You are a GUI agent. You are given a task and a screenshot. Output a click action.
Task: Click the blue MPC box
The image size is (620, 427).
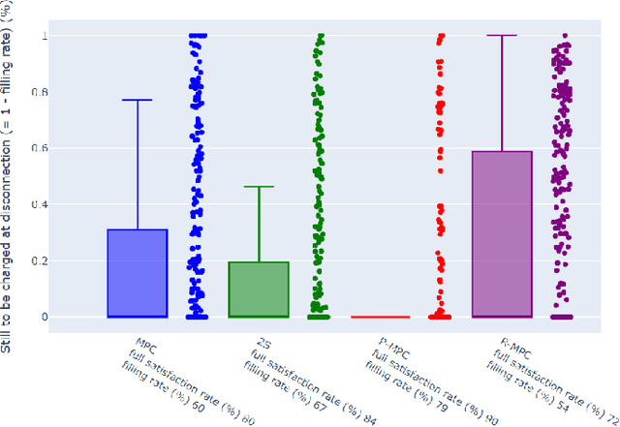pyautogui.click(x=137, y=273)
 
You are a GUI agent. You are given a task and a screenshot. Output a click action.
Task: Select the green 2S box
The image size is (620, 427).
pyautogui.click(x=259, y=290)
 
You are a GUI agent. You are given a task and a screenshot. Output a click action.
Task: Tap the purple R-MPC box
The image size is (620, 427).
pyautogui.click(x=502, y=233)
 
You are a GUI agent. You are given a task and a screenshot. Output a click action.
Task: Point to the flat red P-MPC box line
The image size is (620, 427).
pyautogui.click(x=380, y=317)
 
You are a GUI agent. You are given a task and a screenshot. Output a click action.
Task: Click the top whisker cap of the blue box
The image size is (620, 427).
pyautogui.click(x=137, y=100)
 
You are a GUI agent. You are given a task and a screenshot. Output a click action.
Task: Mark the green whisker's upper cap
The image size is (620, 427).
pyautogui.click(x=259, y=187)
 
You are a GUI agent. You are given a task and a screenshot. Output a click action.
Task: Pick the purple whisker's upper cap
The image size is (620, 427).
pyautogui.click(x=502, y=36)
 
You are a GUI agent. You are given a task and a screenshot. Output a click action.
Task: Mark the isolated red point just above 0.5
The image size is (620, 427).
pyautogui.click(x=440, y=170)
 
